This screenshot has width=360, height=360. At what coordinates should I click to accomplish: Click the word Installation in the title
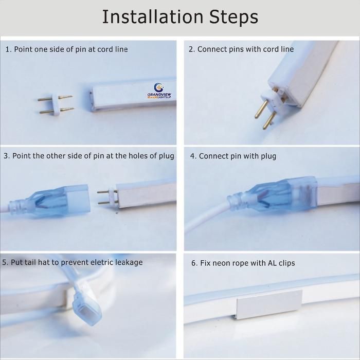(x=153, y=17)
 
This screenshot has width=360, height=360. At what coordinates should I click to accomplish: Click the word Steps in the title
(x=233, y=17)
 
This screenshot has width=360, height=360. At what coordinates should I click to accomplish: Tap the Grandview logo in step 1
(x=159, y=91)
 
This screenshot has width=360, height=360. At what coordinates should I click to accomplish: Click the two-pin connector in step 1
(x=56, y=104)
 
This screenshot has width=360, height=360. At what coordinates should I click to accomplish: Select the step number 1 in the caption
(x=9, y=49)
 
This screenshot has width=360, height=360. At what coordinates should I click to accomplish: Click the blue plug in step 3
(x=49, y=200)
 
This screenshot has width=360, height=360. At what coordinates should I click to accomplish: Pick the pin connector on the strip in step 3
(x=107, y=197)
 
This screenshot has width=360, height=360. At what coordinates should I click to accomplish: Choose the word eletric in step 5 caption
(x=102, y=262)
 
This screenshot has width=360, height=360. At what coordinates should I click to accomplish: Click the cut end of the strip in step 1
(x=92, y=101)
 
